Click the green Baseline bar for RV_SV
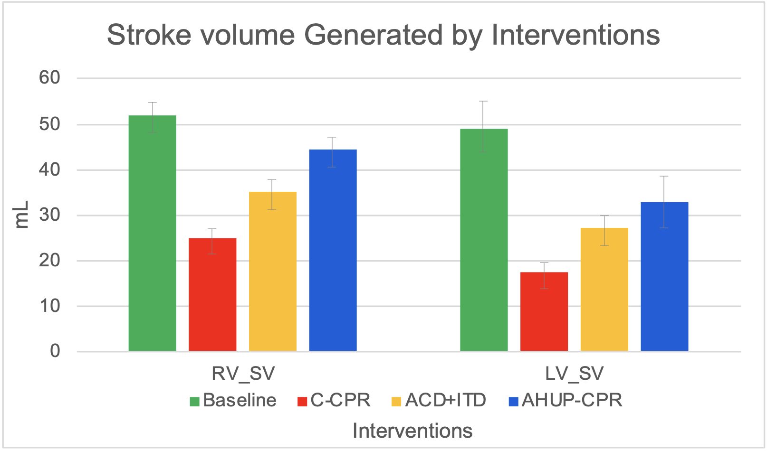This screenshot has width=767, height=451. click(x=152, y=233)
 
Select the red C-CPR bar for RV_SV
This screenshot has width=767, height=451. click(x=212, y=294)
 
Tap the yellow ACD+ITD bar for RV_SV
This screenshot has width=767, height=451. click(x=273, y=271)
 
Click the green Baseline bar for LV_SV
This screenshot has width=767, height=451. click(x=484, y=240)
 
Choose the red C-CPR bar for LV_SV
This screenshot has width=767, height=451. click(x=544, y=311)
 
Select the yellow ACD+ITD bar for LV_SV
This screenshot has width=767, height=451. click(x=604, y=289)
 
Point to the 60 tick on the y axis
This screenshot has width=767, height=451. click(x=49, y=77)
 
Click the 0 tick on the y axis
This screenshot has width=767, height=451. click(x=55, y=351)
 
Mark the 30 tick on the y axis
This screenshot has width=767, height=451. click(x=49, y=215)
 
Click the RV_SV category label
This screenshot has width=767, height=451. click(x=243, y=374)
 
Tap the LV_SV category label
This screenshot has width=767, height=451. click(x=574, y=374)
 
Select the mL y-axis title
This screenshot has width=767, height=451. click(x=22, y=215)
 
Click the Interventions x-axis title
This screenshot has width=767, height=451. click(x=412, y=431)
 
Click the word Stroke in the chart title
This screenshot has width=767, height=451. click(x=149, y=35)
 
